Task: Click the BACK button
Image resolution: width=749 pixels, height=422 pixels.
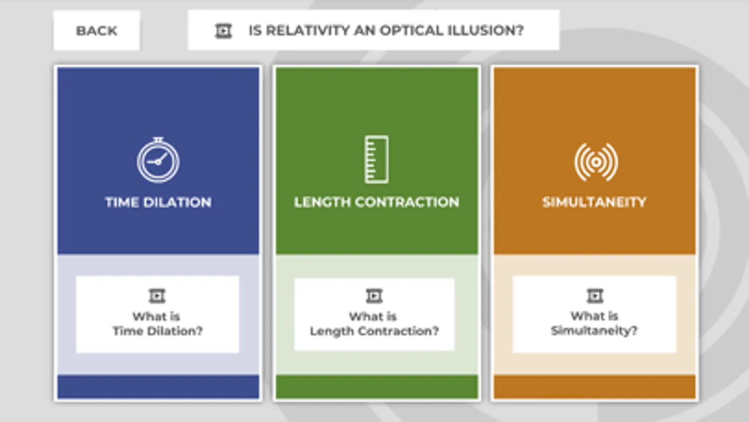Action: pos(96,30)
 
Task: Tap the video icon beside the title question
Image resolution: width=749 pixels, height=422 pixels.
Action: pos(223,31)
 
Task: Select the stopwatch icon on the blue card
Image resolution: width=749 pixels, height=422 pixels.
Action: pos(158,160)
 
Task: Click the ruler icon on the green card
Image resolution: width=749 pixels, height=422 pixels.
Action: pos(377,159)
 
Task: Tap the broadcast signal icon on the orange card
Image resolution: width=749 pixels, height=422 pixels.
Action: pos(596,162)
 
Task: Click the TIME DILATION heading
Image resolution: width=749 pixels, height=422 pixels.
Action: pos(158,202)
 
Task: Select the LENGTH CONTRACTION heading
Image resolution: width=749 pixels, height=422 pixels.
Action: pos(377,202)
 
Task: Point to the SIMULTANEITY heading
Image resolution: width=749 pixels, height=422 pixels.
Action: pos(594,202)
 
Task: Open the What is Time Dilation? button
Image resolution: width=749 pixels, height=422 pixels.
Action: pos(157,314)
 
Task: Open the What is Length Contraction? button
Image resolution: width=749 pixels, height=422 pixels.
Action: pos(374,314)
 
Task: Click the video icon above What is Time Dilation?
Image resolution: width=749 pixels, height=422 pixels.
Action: pos(157,296)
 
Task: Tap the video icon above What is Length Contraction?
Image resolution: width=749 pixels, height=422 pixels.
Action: pos(374,296)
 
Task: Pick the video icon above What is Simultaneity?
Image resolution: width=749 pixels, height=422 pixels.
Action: pos(595,296)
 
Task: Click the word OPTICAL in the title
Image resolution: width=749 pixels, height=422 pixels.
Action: pos(410,30)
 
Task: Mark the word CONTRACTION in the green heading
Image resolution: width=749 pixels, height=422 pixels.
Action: pos(407,202)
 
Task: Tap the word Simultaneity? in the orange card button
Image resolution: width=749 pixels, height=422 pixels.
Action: pos(594,331)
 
